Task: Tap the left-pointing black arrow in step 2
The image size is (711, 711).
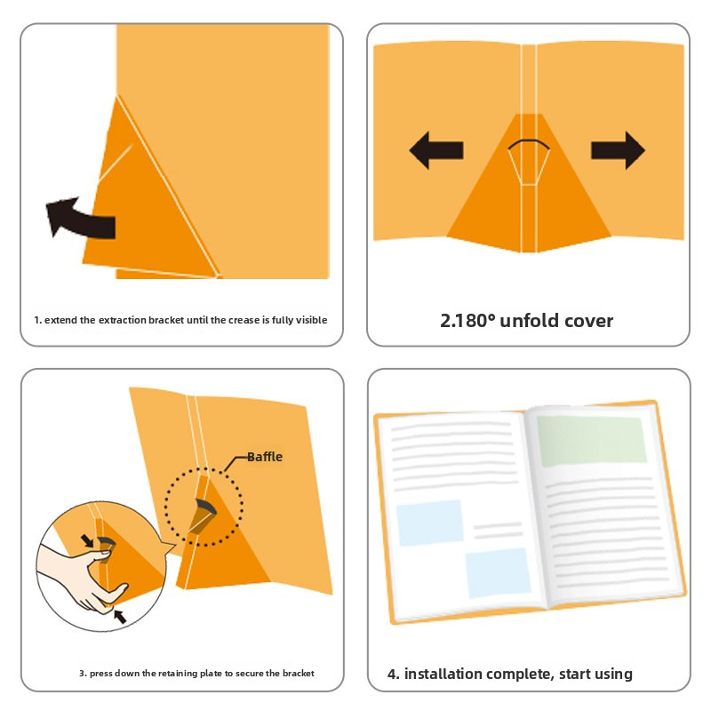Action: (436, 150)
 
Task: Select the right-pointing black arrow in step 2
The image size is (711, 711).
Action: (618, 150)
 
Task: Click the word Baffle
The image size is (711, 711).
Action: (265, 457)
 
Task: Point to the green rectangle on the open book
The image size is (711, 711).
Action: (592, 441)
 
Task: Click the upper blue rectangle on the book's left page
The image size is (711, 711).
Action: (430, 523)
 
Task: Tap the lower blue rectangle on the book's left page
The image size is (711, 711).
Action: (498, 573)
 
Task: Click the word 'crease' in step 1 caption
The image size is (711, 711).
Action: (244, 320)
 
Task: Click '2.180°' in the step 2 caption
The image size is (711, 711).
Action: (467, 321)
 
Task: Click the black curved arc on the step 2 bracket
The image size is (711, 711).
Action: (529, 144)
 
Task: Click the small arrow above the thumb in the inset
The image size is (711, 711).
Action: (86, 540)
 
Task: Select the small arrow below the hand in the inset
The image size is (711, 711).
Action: (120, 617)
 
